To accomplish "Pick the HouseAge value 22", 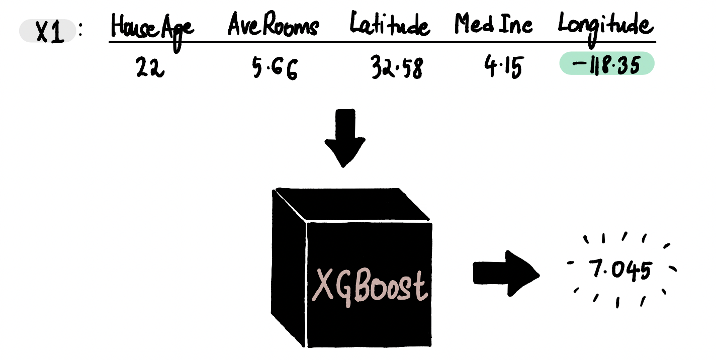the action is [x=150, y=67].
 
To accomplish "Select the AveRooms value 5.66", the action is [x=275, y=68].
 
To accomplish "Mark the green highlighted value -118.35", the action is [x=607, y=63].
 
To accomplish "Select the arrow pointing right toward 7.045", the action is [x=506, y=274].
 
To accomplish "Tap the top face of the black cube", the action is [x=352, y=204].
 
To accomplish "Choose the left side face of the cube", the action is [x=288, y=268].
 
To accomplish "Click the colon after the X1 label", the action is [x=80, y=30].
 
